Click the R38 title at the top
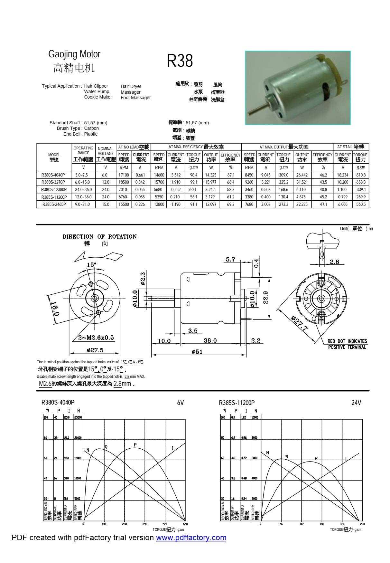coord(180,61)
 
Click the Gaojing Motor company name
coord(74,54)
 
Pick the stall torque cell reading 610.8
coord(361,175)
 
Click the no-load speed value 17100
coord(124,175)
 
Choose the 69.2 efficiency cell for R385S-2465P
coord(230,205)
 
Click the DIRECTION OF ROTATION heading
coord(99,237)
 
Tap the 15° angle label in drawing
coord(91,265)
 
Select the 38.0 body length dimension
coord(210,340)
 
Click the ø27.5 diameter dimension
coord(95,350)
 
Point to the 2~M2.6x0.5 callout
coord(96,338)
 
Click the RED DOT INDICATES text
coord(347,341)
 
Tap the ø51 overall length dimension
coord(197,352)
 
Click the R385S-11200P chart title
coord(237,403)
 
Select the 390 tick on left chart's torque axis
coord(145,524)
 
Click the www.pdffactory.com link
coord(191,538)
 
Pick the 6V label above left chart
coord(180,403)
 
